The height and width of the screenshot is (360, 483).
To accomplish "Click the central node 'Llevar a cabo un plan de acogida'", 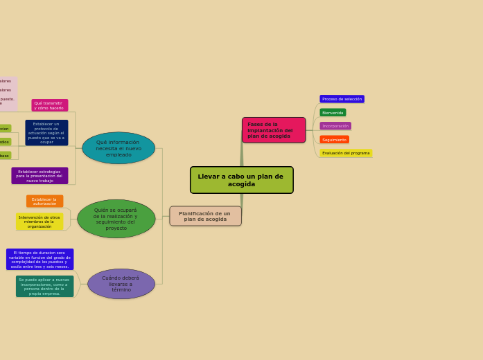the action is (241, 180).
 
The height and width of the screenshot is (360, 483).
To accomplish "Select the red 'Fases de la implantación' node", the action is (273, 130).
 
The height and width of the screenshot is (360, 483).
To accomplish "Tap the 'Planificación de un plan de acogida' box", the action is (205, 216).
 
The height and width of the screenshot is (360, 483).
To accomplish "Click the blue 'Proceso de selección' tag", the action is (342, 99).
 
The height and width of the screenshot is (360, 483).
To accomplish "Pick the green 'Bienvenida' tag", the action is (333, 112).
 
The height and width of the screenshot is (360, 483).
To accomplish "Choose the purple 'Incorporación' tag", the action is (335, 126).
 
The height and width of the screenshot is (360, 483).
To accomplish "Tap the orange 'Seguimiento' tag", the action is (334, 140).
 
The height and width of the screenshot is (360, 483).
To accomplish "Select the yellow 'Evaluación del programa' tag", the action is (346, 153).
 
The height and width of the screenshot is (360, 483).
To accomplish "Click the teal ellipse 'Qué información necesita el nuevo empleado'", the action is (118, 148).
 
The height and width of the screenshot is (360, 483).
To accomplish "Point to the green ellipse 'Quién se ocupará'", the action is (116, 219).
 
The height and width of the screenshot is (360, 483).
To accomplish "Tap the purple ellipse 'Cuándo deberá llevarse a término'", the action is (121, 284).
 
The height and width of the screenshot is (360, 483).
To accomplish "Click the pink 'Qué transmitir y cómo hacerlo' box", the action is (49, 105).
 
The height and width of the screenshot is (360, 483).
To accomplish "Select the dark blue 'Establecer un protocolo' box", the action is (46, 132).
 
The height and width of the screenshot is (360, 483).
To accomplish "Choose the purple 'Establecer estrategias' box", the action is (39, 176).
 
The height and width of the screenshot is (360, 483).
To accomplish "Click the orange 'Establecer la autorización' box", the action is (45, 201).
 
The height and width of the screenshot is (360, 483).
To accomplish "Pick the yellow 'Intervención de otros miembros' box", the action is (39, 222).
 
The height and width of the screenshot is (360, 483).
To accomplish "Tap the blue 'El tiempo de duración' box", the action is (39, 259).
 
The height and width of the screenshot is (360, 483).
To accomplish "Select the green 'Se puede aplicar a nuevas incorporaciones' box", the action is (44, 287).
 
